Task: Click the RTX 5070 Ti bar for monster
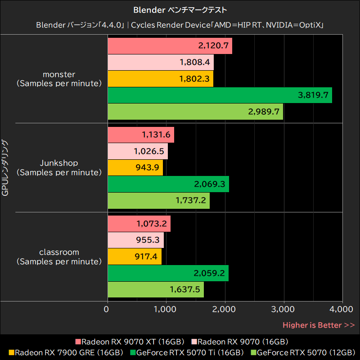(x=220, y=95)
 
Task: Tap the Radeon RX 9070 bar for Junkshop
(x=138, y=151)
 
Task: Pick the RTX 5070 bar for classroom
(x=156, y=289)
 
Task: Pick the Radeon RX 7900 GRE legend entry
(x=66, y=352)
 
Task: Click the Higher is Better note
(x=318, y=325)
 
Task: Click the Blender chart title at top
(x=180, y=9)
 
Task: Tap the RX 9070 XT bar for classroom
(x=139, y=224)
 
